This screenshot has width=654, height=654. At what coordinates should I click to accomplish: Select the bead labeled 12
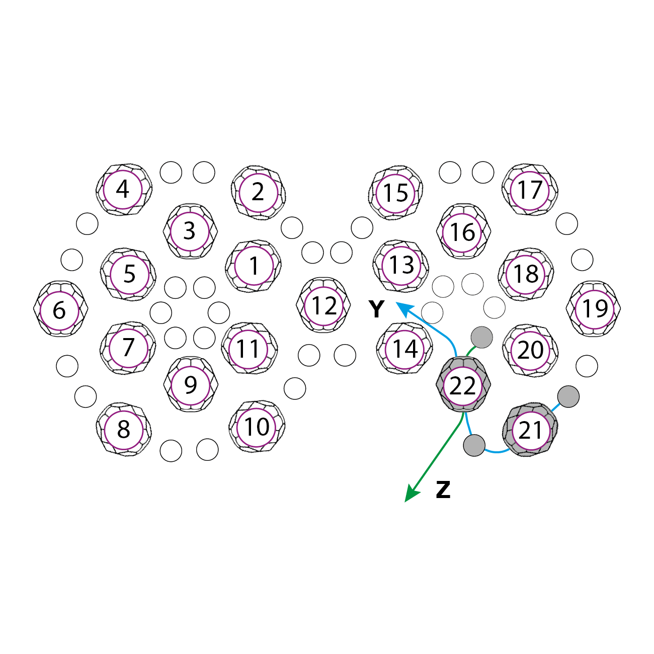coord(323,305)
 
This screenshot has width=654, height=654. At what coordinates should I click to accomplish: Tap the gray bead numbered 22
coord(463,385)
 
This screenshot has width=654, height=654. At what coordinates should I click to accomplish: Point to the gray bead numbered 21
coord(531,430)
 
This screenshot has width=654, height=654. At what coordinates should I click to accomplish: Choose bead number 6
coord(60,309)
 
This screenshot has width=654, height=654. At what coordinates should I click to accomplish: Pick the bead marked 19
coord(594,308)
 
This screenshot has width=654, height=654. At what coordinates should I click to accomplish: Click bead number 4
coord(123,190)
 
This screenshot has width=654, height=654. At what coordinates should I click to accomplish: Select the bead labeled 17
coord(530,190)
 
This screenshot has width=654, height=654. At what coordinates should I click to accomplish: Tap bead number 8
coord(124,429)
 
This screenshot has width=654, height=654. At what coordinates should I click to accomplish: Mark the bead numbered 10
coord(257,427)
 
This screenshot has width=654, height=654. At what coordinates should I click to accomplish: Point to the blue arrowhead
coord(400,306)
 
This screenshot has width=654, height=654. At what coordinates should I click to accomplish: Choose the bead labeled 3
coord(190,231)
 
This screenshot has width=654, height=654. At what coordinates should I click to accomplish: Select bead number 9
coord(191,385)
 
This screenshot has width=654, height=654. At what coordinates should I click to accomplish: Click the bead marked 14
coord(404,348)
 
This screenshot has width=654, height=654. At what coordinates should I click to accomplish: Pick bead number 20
coord(530,350)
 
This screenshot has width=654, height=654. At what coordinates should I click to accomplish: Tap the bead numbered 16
coord(463,232)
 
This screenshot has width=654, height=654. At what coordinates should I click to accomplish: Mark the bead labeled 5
coord(130,274)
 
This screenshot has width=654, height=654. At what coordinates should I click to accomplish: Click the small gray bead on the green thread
coord(481,337)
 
